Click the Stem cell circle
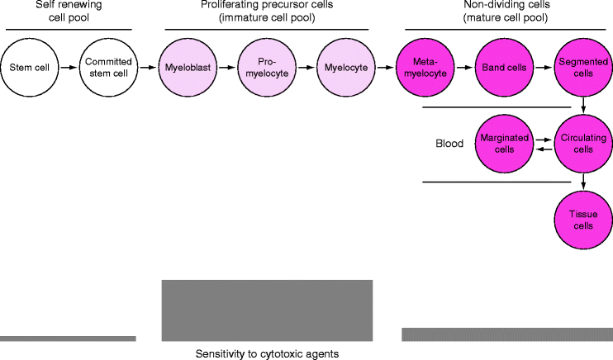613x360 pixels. (x=29, y=67)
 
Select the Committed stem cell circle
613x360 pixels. (x=107, y=67)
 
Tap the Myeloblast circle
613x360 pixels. (x=187, y=67)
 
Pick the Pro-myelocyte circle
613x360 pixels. (x=265, y=67)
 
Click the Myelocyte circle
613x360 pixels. (x=345, y=67)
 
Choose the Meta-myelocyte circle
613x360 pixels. (x=425, y=67)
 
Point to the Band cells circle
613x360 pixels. (x=503, y=67)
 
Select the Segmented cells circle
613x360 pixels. (x=583, y=67)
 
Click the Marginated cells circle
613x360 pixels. (x=504, y=144)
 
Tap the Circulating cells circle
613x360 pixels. (x=583, y=144)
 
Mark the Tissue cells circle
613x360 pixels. (x=583, y=220)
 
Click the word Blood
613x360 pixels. (x=449, y=143)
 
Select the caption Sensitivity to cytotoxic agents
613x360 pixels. (x=267, y=353)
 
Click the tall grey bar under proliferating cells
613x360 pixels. (x=267, y=310)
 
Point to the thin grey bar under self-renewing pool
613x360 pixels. (x=68, y=338)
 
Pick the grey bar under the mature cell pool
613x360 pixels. (x=506, y=334)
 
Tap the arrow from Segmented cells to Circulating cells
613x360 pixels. (x=583, y=105)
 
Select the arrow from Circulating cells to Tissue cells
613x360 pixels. (x=583, y=182)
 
